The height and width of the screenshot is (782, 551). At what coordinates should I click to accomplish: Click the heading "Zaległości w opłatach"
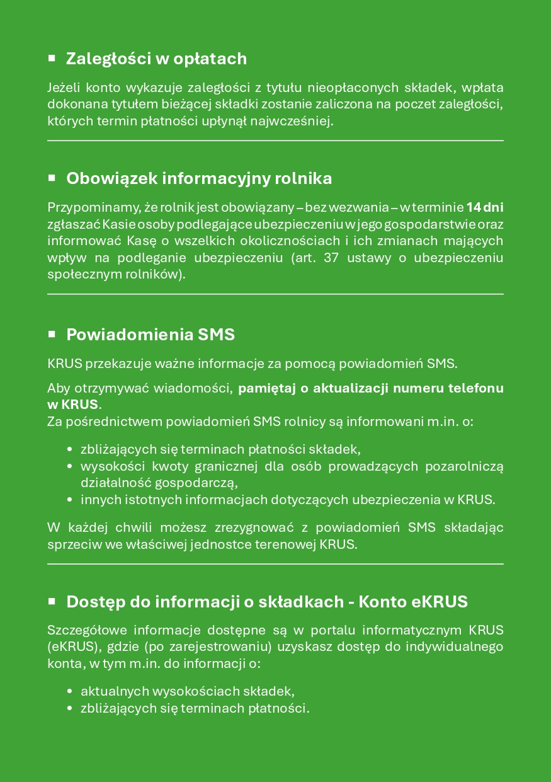[156, 59]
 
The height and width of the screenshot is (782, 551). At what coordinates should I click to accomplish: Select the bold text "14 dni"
[484, 207]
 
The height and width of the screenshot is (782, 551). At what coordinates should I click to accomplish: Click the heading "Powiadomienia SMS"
[151, 335]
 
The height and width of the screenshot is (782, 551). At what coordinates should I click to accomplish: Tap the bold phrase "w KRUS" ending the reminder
[72, 404]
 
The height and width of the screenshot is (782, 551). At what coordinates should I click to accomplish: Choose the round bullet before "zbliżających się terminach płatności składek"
[70, 450]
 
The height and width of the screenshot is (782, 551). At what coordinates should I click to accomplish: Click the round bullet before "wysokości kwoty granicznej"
[70, 467]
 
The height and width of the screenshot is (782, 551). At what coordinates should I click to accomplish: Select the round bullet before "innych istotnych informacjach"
[70, 500]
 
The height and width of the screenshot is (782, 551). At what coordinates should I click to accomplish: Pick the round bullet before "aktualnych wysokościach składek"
[70, 691]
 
